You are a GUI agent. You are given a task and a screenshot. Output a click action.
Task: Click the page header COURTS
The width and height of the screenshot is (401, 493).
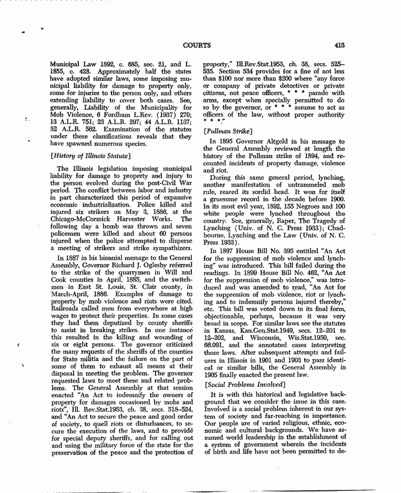[x=197, y=45]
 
